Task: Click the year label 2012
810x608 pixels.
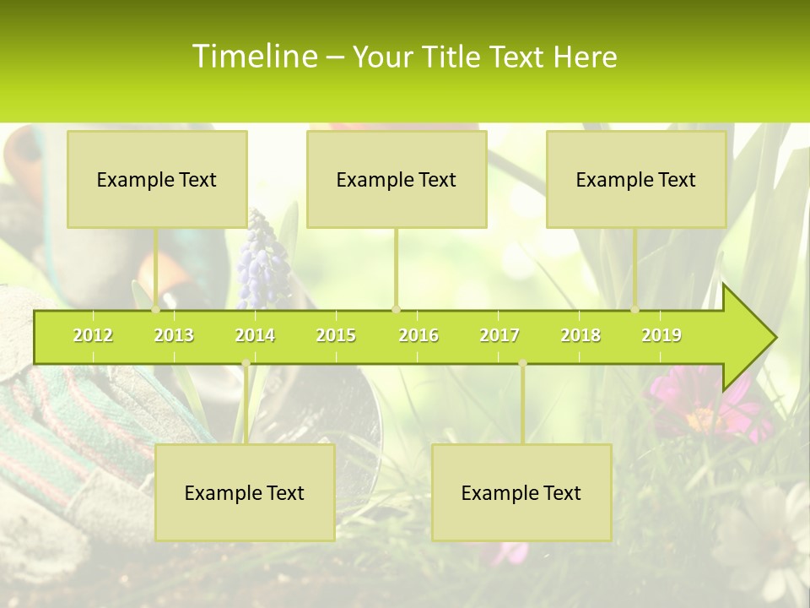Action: click(93, 335)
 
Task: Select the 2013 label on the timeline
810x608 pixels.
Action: click(174, 335)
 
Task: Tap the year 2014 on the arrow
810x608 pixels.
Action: click(255, 335)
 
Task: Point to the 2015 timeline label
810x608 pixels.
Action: click(336, 335)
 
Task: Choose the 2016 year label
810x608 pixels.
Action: click(418, 335)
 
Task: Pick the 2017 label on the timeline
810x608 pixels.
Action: click(499, 335)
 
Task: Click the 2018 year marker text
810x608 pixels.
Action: click(580, 335)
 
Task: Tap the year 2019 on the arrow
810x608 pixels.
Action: click(661, 335)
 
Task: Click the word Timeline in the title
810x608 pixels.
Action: click(253, 57)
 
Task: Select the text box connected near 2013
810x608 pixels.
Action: click(157, 179)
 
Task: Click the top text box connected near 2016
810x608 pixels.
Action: click(397, 179)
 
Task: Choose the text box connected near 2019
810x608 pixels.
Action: click(636, 179)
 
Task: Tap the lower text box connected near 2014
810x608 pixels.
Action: click(245, 492)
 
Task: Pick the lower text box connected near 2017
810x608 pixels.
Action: click(521, 492)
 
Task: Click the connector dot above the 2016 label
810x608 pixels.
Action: click(397, 309)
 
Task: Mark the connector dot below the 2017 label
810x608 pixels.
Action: click(522, 363)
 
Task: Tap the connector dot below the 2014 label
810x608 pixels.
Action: click(246, 363)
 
